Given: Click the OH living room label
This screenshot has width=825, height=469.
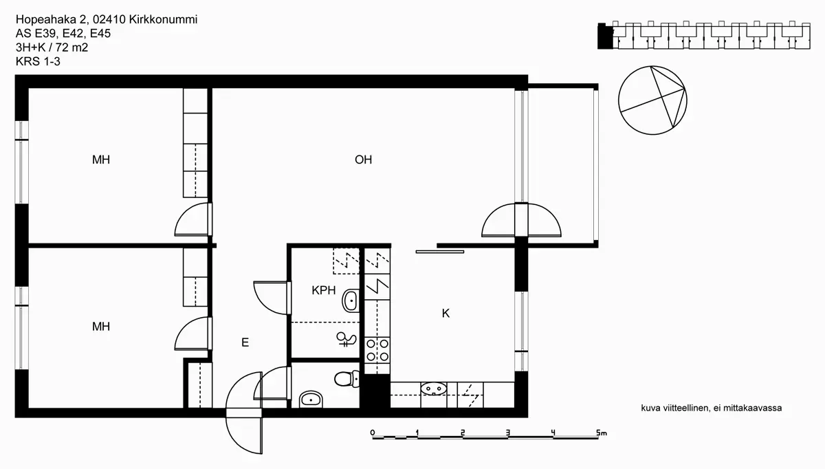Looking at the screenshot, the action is click(x=363, y=160).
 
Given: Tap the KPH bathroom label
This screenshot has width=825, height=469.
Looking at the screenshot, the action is click(x=324, y=290).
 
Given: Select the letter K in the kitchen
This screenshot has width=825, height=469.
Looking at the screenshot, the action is click(x=445, y=313).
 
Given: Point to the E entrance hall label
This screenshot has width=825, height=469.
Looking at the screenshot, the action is click(x=245, y=342).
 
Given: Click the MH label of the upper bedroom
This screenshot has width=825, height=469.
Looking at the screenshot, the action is click(x=101, y=160).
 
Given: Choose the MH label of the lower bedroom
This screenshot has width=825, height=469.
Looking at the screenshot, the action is click(x=101, y=327).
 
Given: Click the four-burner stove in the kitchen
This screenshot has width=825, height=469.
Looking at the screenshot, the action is click(x=377, y=350).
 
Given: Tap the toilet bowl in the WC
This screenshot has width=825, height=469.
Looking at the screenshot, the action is click(x=346, y=379).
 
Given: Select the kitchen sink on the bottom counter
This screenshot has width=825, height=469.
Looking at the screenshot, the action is click(x=434, y=389).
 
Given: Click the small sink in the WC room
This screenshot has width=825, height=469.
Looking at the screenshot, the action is click(x=311, y=399).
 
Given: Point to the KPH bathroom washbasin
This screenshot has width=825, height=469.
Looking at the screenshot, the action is click(x=351, y=301).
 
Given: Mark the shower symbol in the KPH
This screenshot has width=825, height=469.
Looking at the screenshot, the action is click(x=346, y=339).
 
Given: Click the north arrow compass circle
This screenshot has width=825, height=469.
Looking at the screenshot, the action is click(x=652, y=100).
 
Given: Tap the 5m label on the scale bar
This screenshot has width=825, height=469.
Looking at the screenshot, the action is click(x=601, y=433).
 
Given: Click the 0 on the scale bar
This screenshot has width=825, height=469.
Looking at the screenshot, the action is click(x=373, y=433).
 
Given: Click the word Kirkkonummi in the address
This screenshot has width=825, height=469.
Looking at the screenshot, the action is click(x=163, y=19).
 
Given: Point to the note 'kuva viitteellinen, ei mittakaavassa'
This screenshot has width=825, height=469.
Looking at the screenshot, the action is click(x=711, y=408).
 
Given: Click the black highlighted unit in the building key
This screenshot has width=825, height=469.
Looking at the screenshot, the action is click(x=605, y=36).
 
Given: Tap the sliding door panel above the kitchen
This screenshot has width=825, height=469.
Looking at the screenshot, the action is click(x=440, y=252).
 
